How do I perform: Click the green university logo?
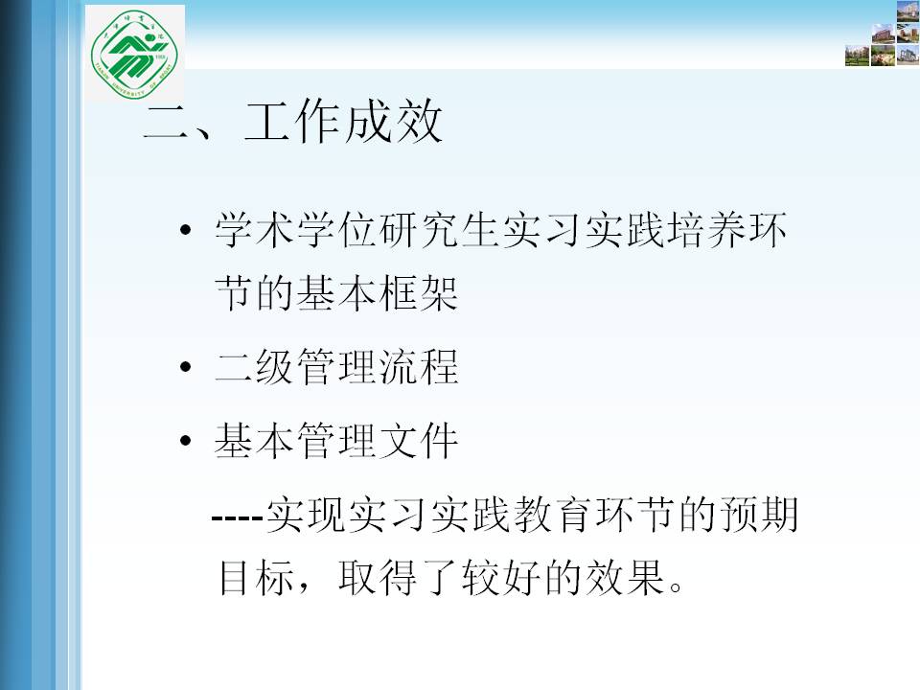tap(134, 54)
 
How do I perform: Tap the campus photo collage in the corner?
tap(882, 34)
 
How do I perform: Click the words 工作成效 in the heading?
tap(343, 121)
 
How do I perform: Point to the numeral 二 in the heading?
tap(167, 122)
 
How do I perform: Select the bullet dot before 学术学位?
tap(186, 229)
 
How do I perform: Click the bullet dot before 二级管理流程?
tap(186, 367)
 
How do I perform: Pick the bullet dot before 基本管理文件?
tap(186, 440)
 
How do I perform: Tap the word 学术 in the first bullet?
tap(255, 229)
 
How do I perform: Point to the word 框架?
tap(419, 293)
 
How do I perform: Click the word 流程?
tap(419, 367)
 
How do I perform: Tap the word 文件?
tap(419, 440)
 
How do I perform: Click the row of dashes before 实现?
tap(237, 518)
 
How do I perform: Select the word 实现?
tap(305, 514)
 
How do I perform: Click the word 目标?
tap(257, 577)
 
